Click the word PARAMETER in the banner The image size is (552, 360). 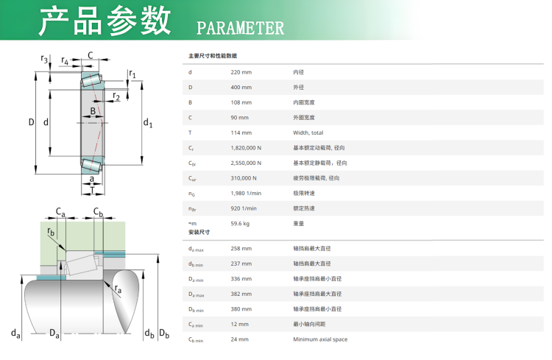coord(240,28)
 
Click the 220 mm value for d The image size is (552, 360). coord(241,72)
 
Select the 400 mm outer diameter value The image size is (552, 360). coord(241,88)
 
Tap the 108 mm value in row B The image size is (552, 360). coord(241,102)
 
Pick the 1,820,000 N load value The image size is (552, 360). coord(246,148)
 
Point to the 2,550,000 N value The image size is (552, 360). coord(246,163)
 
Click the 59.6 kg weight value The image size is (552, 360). coord(240,224)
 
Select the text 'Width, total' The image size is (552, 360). coord(308,133)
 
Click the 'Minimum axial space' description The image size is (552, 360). coord(320,339)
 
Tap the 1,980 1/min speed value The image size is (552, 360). coord(246,194)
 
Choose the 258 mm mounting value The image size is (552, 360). coord(241,249)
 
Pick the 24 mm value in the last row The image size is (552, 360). coord(239,339)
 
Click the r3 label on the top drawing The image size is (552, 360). coord(44,59)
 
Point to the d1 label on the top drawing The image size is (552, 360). coord(148,123)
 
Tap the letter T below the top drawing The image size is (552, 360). coord(92,190)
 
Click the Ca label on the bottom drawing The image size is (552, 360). coord(60,213)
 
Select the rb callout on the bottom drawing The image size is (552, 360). coord(51,232)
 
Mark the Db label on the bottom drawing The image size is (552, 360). coord(164,333)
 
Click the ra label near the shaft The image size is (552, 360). coord(118,289)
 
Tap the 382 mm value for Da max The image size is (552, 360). coord(241,294)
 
